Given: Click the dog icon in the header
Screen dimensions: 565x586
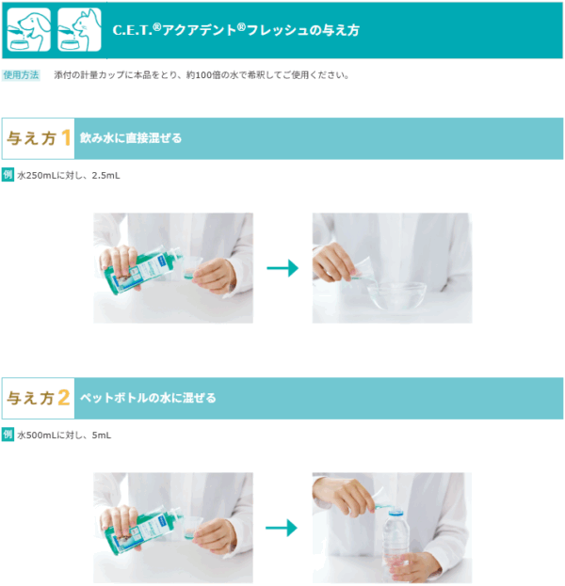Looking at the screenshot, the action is tap(29, 29).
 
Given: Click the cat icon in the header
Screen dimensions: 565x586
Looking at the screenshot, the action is tap(79, 29).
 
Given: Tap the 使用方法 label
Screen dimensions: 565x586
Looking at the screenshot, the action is tap(21, 75).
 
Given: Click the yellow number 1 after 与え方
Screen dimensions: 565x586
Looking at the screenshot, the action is tap(66, 138).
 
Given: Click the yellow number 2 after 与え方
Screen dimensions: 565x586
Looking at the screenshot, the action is tap(64, 398).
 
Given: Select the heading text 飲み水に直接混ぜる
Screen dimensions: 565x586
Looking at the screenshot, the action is tap(131, 138).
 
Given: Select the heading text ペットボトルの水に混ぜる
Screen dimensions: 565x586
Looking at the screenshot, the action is tap(148, 398).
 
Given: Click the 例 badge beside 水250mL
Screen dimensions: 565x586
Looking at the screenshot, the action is tap(8, 175).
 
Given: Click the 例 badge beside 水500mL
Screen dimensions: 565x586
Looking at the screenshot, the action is tap(8, 435).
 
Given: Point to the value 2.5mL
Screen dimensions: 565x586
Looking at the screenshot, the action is tap(105, 175).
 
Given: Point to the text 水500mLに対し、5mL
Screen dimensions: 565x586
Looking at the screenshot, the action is tap(64, 436).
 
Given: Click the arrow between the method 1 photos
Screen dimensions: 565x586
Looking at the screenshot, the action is tap(282, 268).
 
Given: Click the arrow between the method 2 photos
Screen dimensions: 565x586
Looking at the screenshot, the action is tap(282, 528).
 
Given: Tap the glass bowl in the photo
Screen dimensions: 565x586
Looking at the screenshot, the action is tap(396, 295).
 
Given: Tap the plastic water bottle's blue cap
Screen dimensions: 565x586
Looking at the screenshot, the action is tap(395, 512).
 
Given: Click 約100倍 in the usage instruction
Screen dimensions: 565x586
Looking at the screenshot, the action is tap(202, 75).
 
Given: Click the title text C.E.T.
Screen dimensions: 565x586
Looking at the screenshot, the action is tap(133, 30).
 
